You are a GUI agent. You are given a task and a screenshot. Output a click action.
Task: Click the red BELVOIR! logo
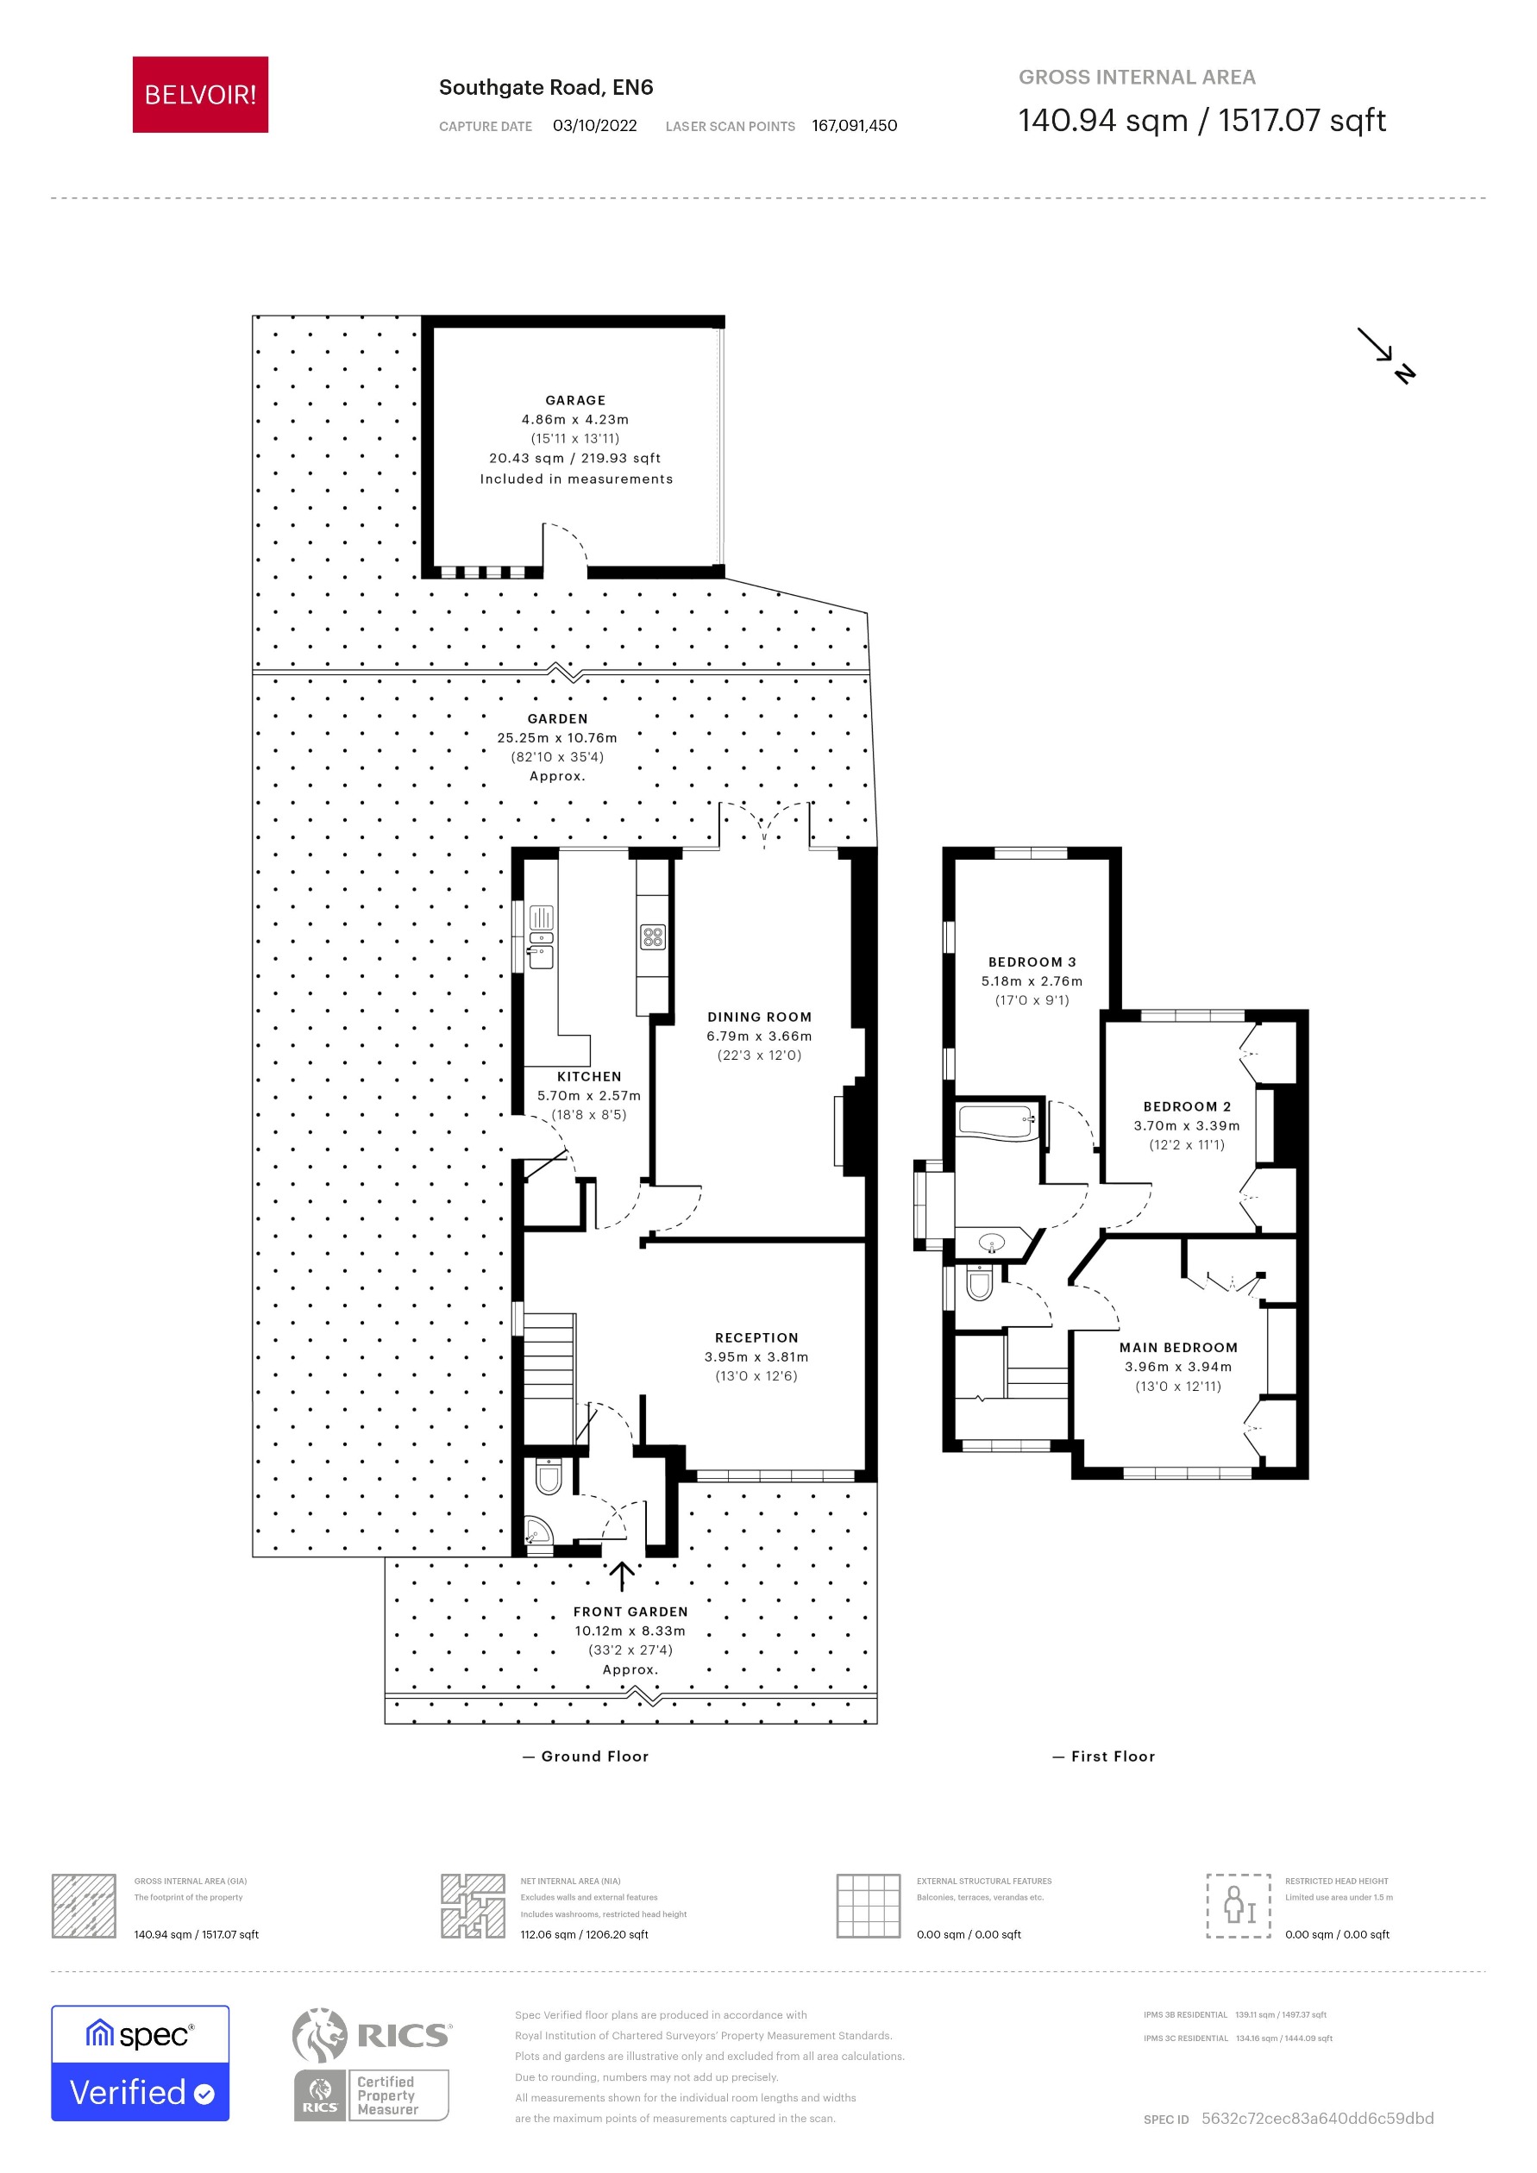[x=200, y=95]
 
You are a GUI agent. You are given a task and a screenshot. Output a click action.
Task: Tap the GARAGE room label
[x=574, y=400]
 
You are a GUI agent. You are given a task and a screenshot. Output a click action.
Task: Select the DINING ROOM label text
[x=759, y=1017]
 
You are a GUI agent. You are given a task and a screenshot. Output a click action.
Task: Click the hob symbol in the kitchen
[x=653, y=937]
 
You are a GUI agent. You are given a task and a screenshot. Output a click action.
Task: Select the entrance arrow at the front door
[x=621, y=1575]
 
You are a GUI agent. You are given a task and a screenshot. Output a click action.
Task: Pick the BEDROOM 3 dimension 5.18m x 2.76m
[x=1032, y=980]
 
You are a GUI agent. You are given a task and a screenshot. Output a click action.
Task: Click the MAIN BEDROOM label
[x=1178, y=1347]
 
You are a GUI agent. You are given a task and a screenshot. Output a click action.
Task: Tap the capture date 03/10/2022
[x=594, y=126]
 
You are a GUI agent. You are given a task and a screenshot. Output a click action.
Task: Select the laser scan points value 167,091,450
[x=854, y=126]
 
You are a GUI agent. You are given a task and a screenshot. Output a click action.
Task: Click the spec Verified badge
[x=140, y=2063]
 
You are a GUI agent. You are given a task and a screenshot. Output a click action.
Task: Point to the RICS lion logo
[x=320, y=2035]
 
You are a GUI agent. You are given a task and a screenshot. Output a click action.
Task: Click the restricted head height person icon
[x=1238, y=1905]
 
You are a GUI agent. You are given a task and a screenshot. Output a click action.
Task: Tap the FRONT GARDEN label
[x=630, y=1611]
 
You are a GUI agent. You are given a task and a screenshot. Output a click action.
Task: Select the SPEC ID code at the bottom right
[x=1316, y=2118]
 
